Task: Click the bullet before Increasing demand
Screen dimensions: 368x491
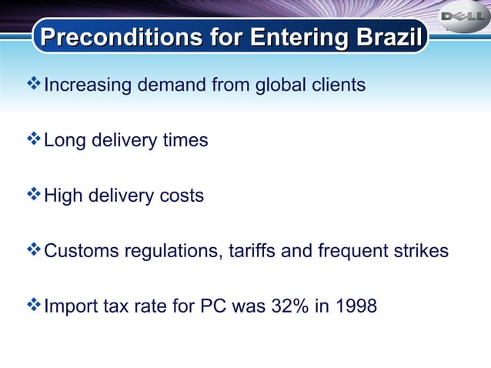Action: (34, 84)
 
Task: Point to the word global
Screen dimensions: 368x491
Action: (281, 85)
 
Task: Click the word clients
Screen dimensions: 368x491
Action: (338, 85)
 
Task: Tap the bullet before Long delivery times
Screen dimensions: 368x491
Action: (34, 139)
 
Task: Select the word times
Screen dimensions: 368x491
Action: (183, 140)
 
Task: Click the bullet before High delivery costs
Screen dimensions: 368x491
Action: (34, 195)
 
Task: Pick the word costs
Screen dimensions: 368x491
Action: (181, 196)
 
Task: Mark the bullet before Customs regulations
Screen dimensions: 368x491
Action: (34, 250)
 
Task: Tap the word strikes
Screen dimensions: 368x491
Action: (420, 251)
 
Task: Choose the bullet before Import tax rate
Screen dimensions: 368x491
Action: (34, 306)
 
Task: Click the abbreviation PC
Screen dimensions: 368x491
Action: (213, 306)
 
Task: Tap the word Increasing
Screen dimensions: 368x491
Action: (88, 85)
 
